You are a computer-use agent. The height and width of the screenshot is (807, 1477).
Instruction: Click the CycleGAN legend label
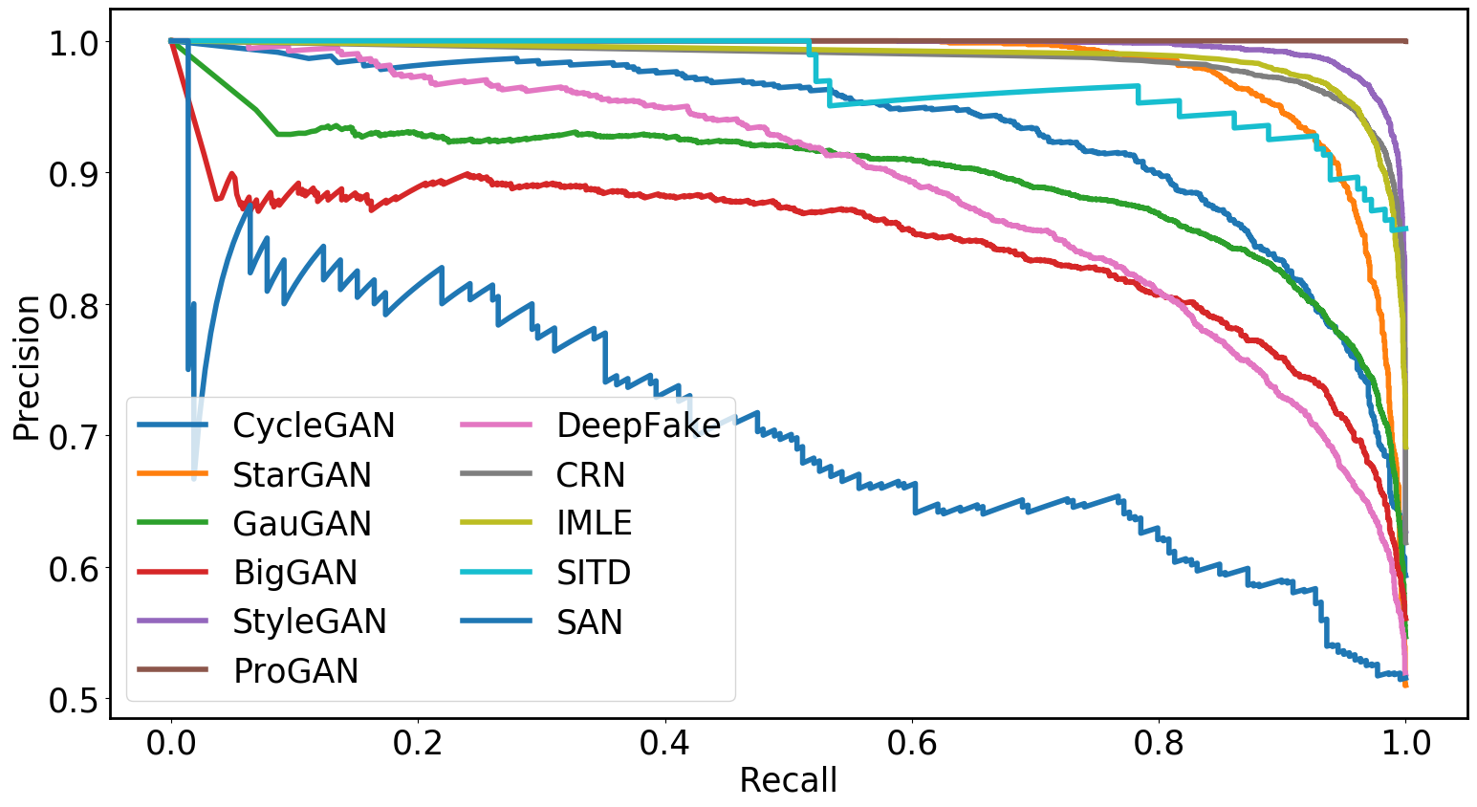[x=314, y=425]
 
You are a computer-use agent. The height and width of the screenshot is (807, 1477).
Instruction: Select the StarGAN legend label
[x=302, y=475]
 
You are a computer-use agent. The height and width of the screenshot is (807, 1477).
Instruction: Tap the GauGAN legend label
[x=302, y=524]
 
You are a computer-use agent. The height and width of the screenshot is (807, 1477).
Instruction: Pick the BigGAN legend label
[x=295, y=573]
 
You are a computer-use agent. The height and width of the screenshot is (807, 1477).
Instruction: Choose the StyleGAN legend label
[x=310, y=622]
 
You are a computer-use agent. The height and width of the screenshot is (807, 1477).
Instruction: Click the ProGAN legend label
[x=296, y=671]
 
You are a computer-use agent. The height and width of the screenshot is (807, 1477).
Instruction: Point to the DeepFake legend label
[x=639, y=425]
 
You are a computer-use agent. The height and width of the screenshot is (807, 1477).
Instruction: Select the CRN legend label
[x=591, y=475]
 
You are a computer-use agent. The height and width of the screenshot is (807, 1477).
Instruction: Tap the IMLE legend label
[x=595, y=524]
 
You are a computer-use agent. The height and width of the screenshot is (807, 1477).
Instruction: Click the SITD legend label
[x=594, y=573]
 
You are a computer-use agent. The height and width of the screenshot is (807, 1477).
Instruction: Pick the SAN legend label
[x=590, y=622]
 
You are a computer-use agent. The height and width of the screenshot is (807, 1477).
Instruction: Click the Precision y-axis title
[x=27, y=368]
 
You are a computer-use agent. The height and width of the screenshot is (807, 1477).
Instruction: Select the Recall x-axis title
[x=788, y=781]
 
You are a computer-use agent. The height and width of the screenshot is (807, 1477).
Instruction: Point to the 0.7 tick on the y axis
[x=73, y=437]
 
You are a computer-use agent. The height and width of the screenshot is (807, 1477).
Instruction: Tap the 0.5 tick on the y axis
[x=73, y=700]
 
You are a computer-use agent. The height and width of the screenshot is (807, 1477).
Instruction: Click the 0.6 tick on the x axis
[x=912, y=743]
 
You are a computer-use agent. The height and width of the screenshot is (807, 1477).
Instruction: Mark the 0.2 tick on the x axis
[x=418, y=743]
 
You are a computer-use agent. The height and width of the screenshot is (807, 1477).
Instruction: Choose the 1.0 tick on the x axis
[x=1405, y=743]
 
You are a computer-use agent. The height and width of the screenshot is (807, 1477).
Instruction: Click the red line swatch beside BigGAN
[x=173, y=572]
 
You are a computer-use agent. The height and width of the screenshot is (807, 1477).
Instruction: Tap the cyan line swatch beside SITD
[x=496, y=572]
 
